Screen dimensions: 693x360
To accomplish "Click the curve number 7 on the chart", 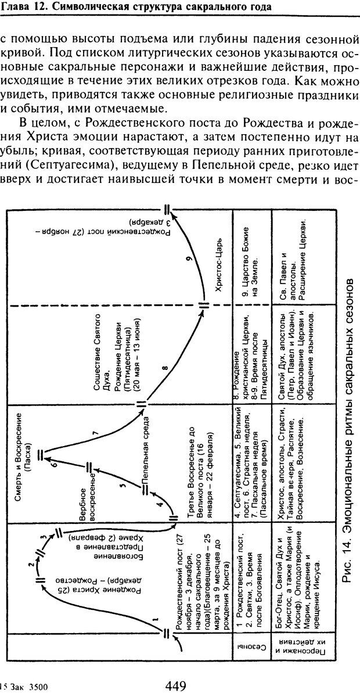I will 96,433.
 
